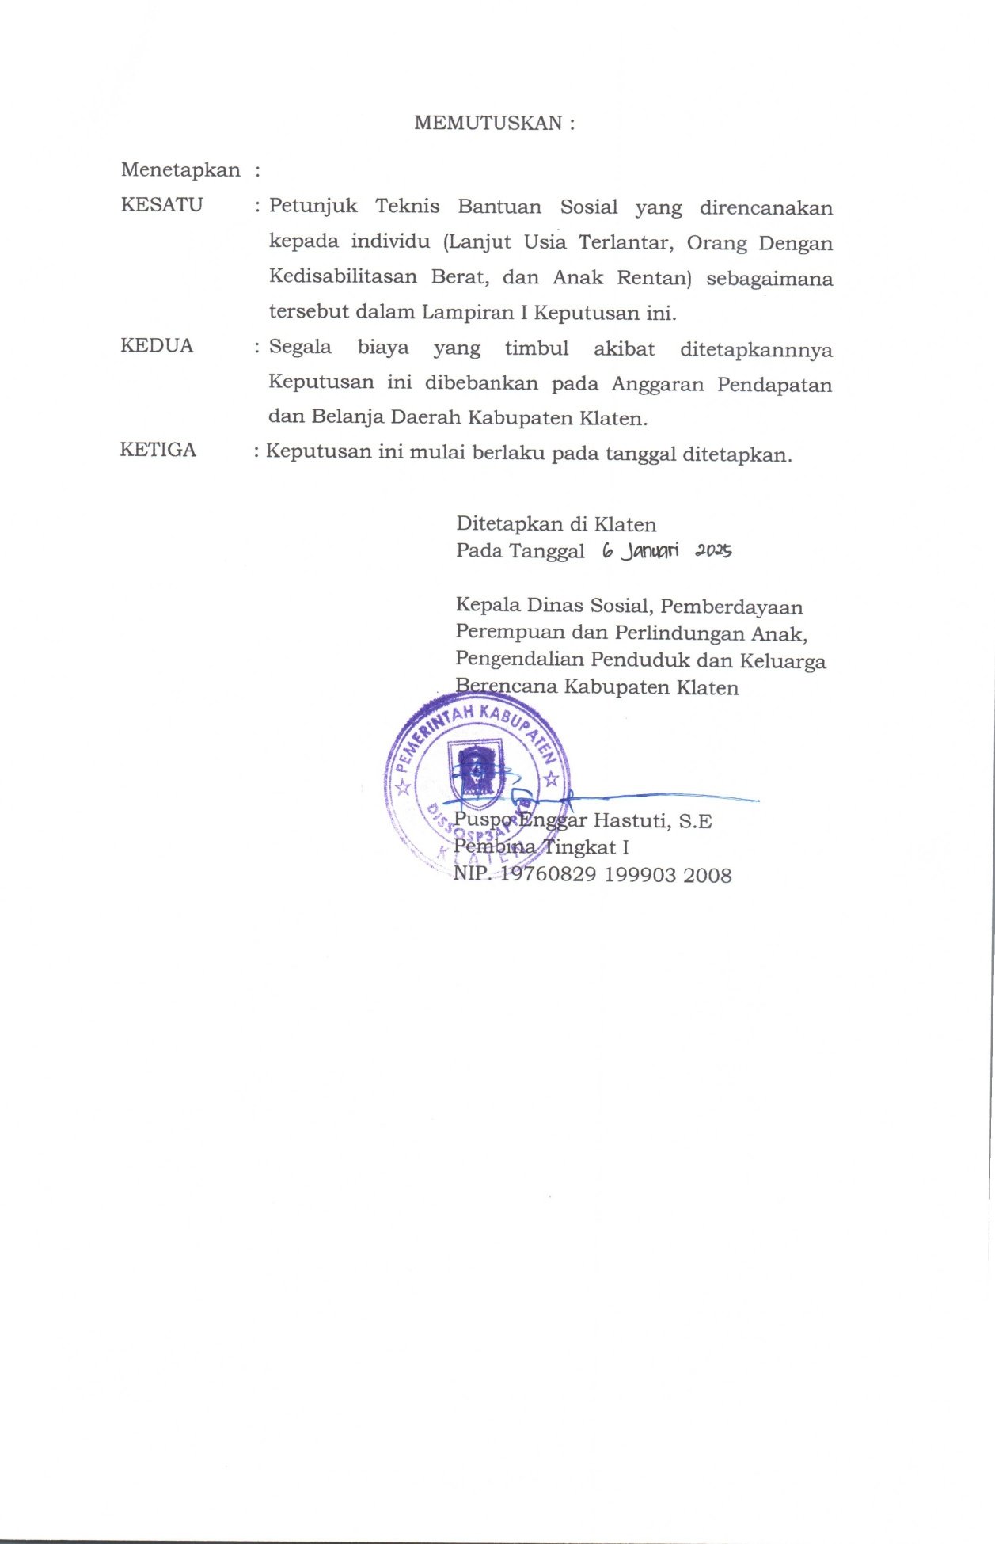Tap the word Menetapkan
[180, 170]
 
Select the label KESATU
[161, 205]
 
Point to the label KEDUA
[157, 346]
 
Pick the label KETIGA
[158, 450]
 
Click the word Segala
[300, 347]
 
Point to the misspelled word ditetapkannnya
[756, 349]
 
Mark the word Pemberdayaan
[731, 607]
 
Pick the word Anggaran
[657, 385]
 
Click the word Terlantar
[625, 241]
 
